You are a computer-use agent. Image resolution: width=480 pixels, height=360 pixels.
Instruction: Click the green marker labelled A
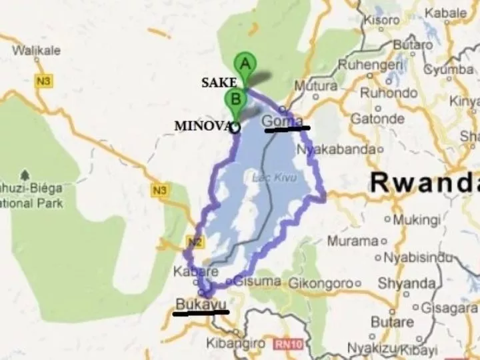(x=245, y=65)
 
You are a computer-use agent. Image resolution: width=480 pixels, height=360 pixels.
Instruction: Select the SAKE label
(x=219, y=82)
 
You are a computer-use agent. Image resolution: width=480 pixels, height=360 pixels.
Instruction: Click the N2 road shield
(x=193, y=242)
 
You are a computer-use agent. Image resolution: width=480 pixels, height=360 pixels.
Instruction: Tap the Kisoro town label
(x=381, y=21)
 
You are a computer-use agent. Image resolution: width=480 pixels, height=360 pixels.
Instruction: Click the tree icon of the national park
(x=25, y=176)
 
